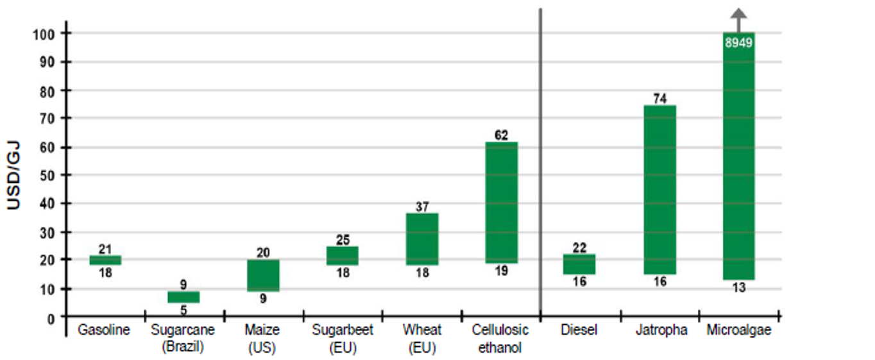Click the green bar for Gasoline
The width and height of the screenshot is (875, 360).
click(105, 260)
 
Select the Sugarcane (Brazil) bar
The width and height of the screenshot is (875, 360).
click(183, 297)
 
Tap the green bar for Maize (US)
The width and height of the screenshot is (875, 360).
click(263, 275)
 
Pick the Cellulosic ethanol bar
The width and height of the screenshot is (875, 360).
click(501, 202)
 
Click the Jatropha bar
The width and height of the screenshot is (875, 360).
click(659, 189)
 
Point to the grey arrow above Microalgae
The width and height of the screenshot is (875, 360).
click(738, 19)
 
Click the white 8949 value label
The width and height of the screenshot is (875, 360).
click(738, 43)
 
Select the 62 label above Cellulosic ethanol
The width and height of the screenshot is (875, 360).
click(501, 135)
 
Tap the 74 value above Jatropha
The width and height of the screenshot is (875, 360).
click(659, 98)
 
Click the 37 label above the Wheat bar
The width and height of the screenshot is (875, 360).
click(422, 206)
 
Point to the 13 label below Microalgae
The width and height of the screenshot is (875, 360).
click(738, 287)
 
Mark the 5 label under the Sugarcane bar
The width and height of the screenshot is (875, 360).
click(183, 311)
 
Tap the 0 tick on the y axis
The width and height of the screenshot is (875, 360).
click(51, 317)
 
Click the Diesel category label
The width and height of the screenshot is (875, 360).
click(579, 330)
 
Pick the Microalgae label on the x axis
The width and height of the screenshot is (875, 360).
click(738, 330)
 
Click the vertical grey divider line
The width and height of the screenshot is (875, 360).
click(540, 160)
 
